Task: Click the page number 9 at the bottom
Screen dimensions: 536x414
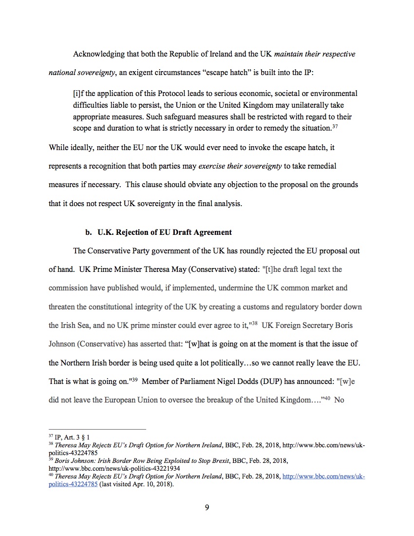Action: pyautogui.click(x=207, y=507)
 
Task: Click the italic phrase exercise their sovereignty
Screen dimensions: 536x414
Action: pyautogui.click(x=240, y=166)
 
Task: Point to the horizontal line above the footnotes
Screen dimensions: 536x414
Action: pyautogui.click(x=97, y=429)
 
